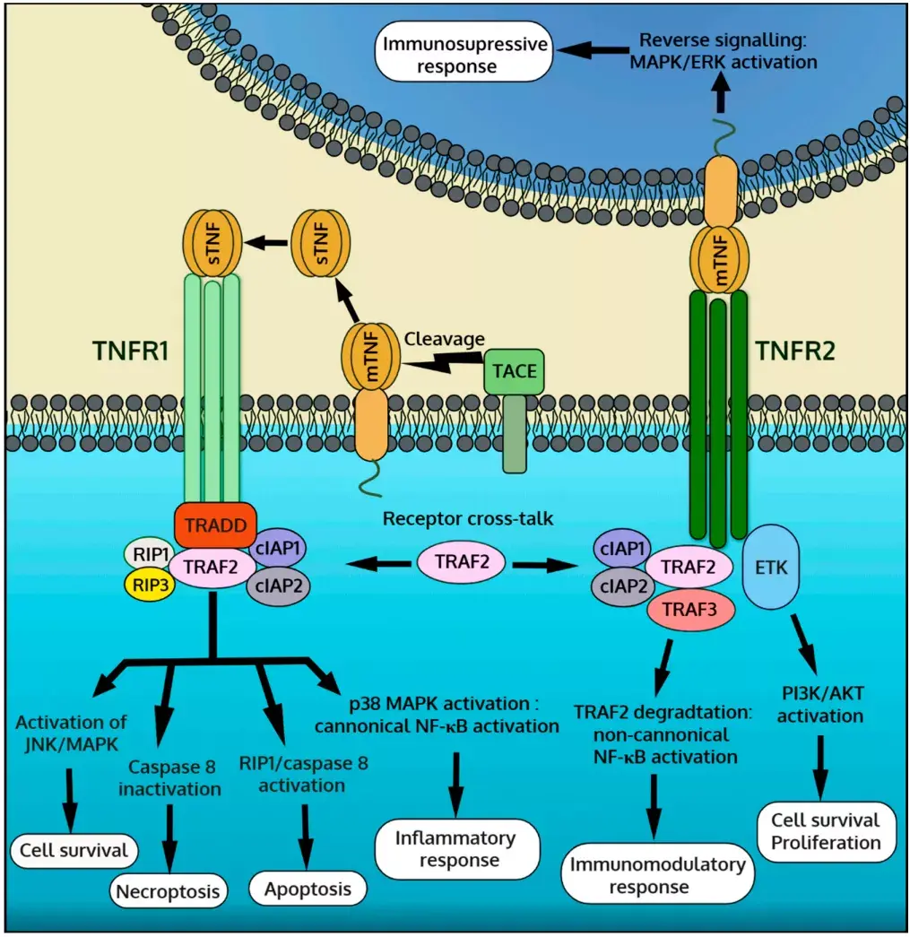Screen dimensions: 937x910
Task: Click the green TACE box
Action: tap(514, 371)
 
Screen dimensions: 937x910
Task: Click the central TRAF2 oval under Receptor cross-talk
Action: tap(461, 562)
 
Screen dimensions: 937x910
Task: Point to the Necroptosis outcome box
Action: tap(167, 890)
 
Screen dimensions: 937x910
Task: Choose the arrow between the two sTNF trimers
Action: tap(269, 241)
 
